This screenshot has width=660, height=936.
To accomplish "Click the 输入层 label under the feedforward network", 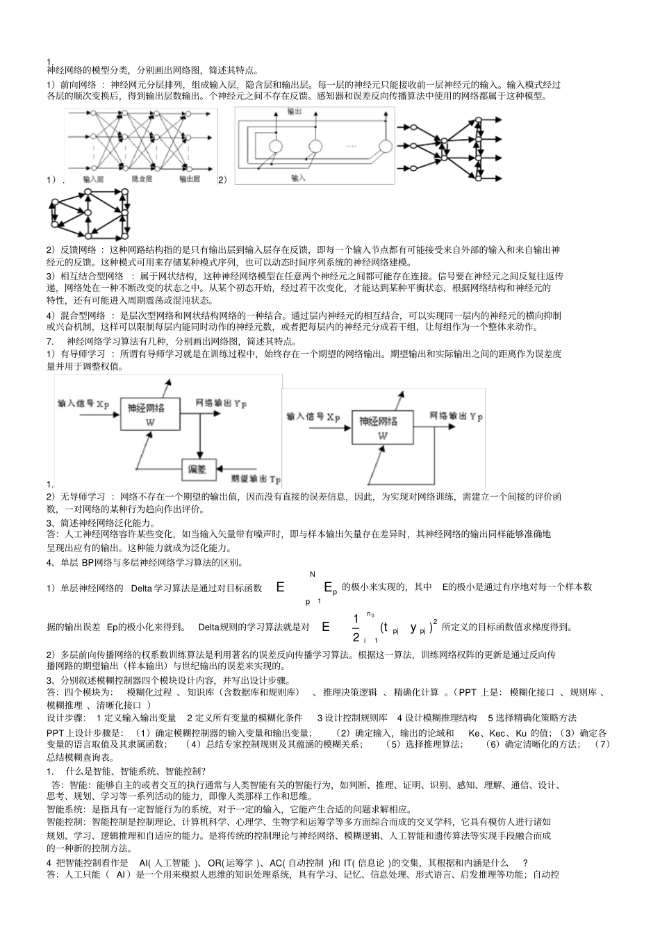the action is [93, 179].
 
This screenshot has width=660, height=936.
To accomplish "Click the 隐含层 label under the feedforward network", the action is [142, 179].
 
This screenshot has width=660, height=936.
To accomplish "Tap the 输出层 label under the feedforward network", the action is [190, 179].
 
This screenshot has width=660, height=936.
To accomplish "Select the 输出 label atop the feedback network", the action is [294, 112].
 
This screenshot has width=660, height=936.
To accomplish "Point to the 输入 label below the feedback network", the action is [298, 178].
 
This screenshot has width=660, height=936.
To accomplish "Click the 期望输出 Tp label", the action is [255, 479].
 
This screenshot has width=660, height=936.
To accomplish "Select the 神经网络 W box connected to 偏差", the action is [151, 415].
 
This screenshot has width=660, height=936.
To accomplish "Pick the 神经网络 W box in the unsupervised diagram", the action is [382, 429].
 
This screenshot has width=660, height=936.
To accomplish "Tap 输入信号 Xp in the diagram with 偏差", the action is [83, 403].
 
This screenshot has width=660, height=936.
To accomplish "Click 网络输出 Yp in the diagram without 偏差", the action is [456, 416].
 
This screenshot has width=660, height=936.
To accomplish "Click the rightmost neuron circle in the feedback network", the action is [385, 146].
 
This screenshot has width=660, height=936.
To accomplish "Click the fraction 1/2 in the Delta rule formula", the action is [356, 627].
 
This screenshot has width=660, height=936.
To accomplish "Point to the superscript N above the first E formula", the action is [313, 574].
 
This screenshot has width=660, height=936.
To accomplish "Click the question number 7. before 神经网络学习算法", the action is [50, 341].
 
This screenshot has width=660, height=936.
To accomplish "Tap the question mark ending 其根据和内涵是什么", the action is [525, 862].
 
